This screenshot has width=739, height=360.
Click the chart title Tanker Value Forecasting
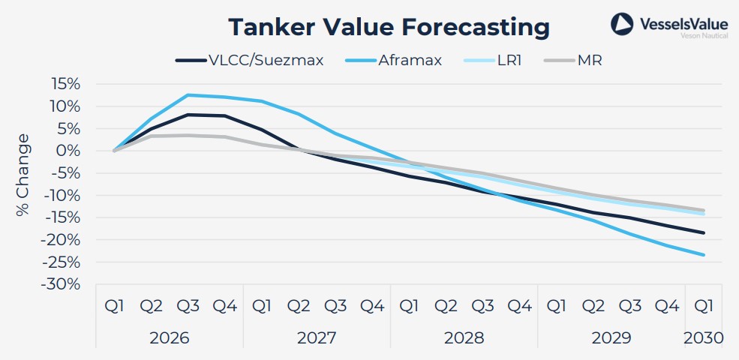pyautogui.click(x=389, y=27)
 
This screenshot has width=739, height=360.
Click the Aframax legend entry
pyautogui.click(x=395, y=60)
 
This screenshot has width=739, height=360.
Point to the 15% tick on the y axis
pyautogui.click(x=66, y=84)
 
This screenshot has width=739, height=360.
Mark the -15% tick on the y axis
pyautogui.click(x=63, y=217)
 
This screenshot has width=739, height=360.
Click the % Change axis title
pyautogui.click(x=23, y=175)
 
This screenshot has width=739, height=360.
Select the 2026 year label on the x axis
pyautogui.click(x=169, y=337)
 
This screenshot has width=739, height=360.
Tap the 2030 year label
pyautogui.click(x=704, y=337)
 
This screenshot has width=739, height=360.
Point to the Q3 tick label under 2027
pyautogui.click(x=335, y=307)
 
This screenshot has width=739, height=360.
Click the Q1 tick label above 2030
pyautogui.click(x=703, y=307)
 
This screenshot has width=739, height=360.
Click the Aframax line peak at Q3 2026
pyautogui.click(x=188, y=95)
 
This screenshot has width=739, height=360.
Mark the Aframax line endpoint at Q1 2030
pyautogui.click(x=703, y=255)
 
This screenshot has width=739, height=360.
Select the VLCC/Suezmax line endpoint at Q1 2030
pyautogui.click(x=703, y=232)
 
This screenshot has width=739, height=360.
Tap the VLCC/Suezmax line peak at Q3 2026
pyautogui.click(x=188, y=115)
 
